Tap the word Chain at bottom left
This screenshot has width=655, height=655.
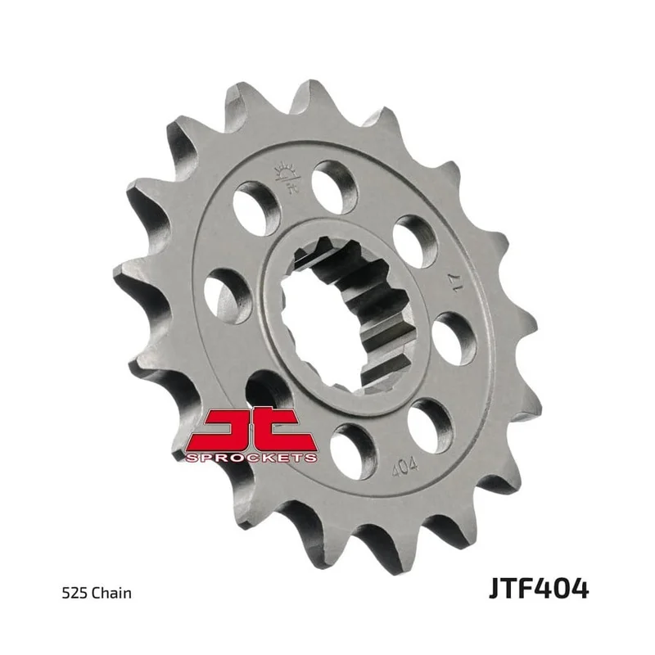click(111, 593)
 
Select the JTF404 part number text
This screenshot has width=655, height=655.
click(539, 589)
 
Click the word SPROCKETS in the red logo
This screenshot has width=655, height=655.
click(251, 458)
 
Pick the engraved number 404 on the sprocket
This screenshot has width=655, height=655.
click(404, 466)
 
